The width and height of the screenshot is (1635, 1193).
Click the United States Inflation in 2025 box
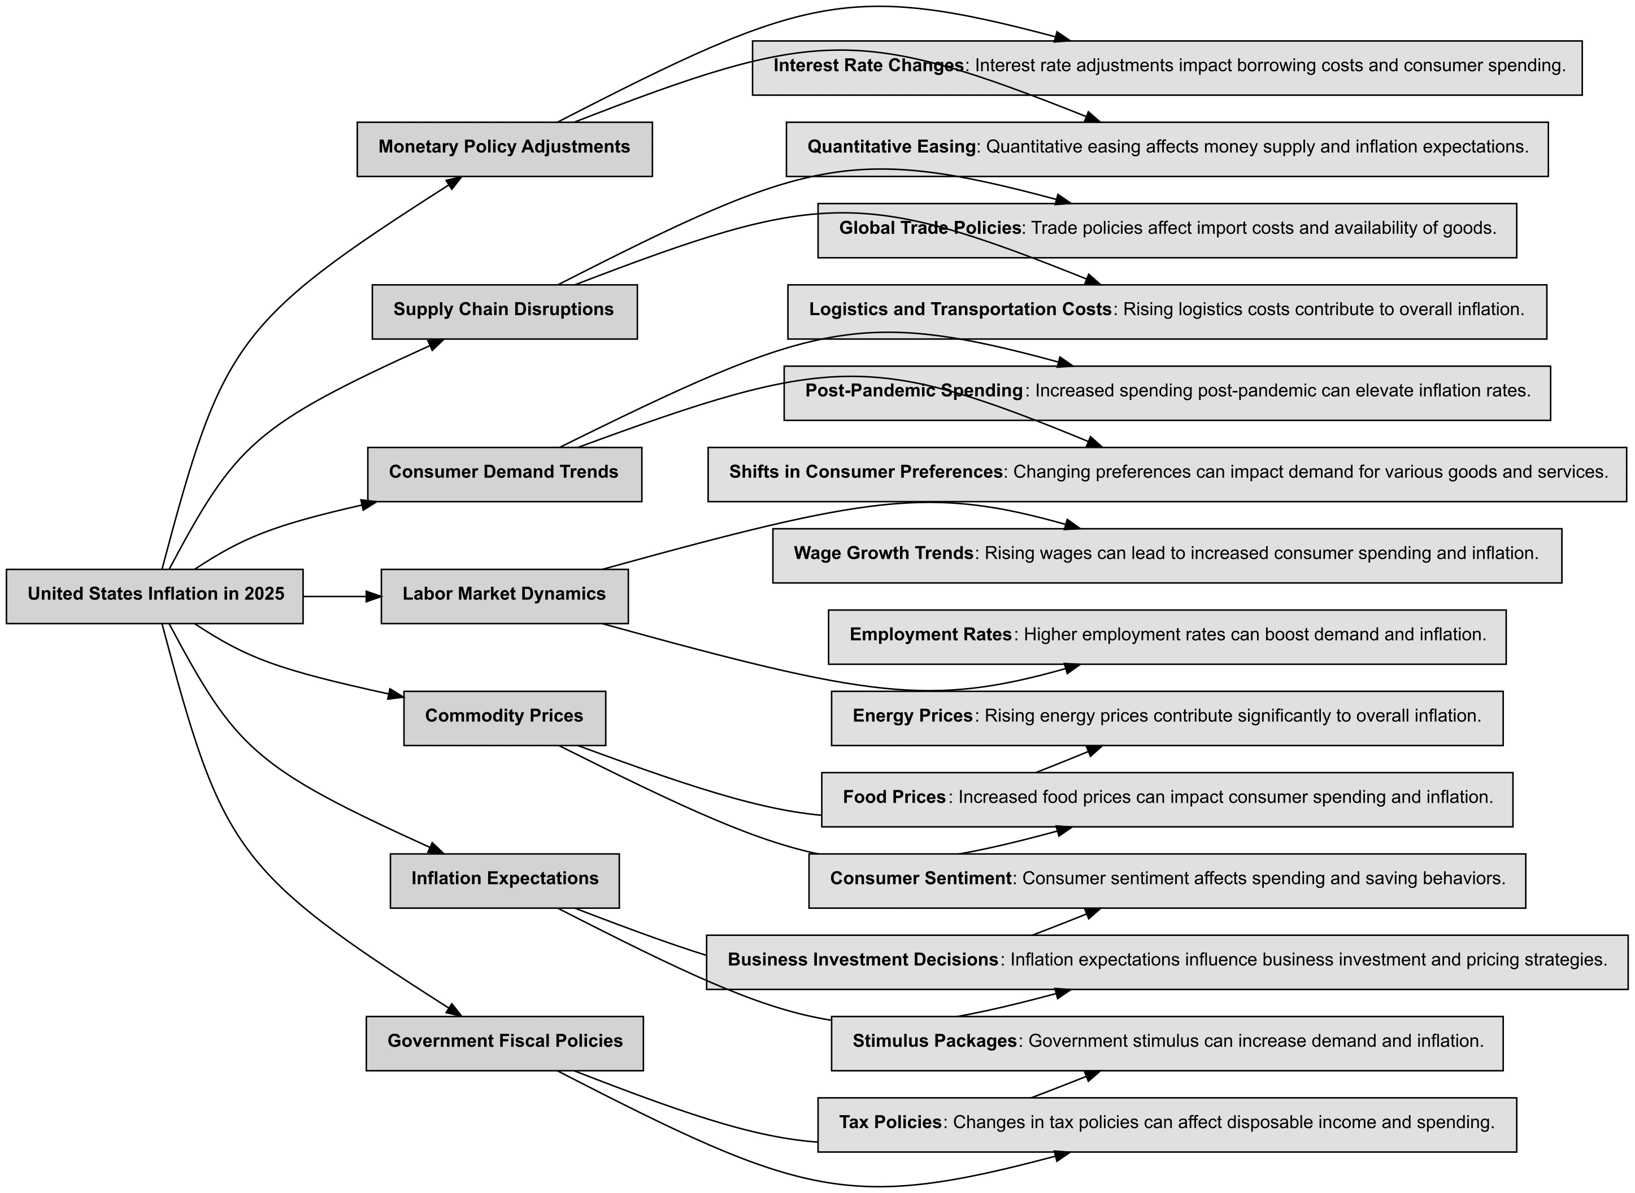(x=155, y=596)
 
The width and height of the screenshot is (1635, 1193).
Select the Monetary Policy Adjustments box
(x=504, y=149)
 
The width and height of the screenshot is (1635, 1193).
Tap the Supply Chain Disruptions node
(x=504, y=311)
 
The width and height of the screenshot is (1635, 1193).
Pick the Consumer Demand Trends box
(x=504, y=474)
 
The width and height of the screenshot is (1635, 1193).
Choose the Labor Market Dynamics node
(x=504, y=596)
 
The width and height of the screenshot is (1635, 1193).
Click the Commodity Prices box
(x=504, y=718)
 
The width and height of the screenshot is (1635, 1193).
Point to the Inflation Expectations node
(x=504, y=880)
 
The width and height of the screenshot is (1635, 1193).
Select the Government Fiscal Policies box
(x=504, y=1043)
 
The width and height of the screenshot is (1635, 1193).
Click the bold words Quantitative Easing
(x=891, y=147)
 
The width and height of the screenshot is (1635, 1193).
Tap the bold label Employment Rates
(x=930, y=635)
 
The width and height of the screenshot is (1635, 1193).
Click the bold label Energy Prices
(x=912, y=716)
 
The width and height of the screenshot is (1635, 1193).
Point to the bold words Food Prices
(x=894, y=797)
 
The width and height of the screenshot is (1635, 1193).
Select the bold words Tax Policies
(x=890, y=1122)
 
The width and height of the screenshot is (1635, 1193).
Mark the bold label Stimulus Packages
(x=934, y=1042)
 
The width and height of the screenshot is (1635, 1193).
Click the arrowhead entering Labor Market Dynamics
(x=373, y=596)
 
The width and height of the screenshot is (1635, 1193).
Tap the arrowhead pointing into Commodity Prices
(x=395, y=696)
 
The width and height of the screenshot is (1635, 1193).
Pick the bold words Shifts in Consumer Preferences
(x=865, y=472)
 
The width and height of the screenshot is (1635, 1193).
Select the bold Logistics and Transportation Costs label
(x=959, y=310)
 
